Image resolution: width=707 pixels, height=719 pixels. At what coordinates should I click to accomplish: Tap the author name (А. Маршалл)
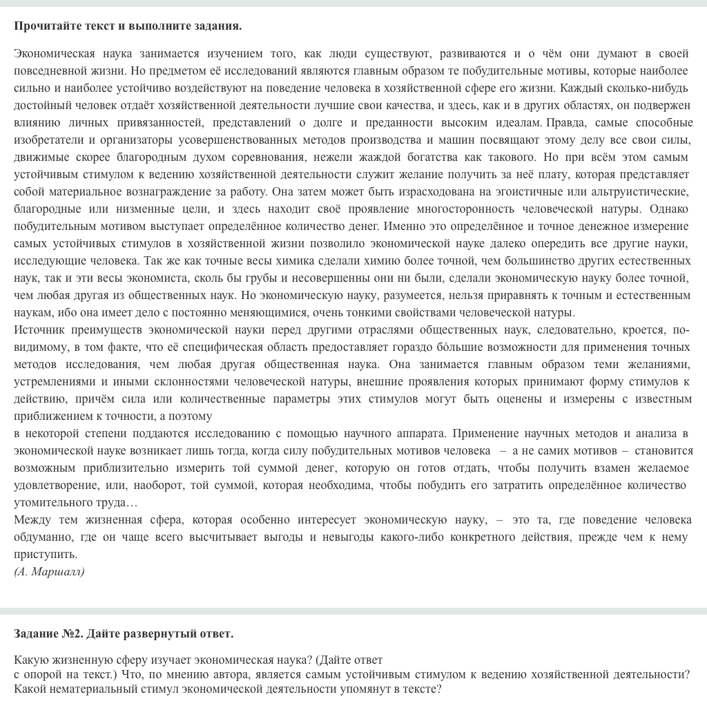click(x=49, y=572)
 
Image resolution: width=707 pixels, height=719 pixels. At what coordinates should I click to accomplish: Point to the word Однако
click(x=670, y=209)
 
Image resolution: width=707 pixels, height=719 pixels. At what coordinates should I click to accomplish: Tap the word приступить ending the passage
click(x=45, y=554)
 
